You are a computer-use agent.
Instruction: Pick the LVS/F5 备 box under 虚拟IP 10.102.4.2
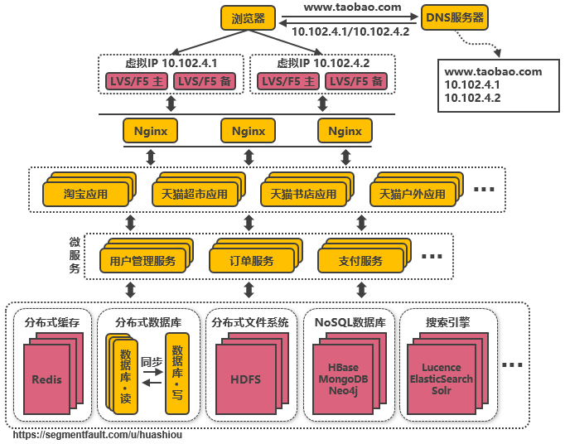pyautogui.click(x=356, y=81)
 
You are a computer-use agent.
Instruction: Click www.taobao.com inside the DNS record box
pyautogui.click(x=493, y=72)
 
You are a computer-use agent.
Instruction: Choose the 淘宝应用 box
pyautogui.click(x=85, y=195)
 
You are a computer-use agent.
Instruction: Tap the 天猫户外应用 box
pyautogui.click(x=412, y=195)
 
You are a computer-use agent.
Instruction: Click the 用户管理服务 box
pyautogui.click(x=142, y=261)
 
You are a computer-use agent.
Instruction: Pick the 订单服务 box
pyautogui.click(x=252, y=261)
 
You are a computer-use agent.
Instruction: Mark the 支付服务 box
pyautogui.click(x=360, y=261)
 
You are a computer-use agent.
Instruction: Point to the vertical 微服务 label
pyautogui.click(x=75, y=255)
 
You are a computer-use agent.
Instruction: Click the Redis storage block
pyautogui.click(x=46, y=379)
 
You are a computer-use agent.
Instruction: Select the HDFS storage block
pyautogui.click(x=245, y=379)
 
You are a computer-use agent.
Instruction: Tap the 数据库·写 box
pyautogui.click(x=176, y=373)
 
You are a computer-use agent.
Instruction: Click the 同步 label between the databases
pyautogui.click(x=151, y=362)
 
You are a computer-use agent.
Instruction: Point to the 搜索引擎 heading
pyautogui.click(x=447, y=322)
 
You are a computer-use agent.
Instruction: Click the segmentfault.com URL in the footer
pyautogui.click(x=97, y=433)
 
